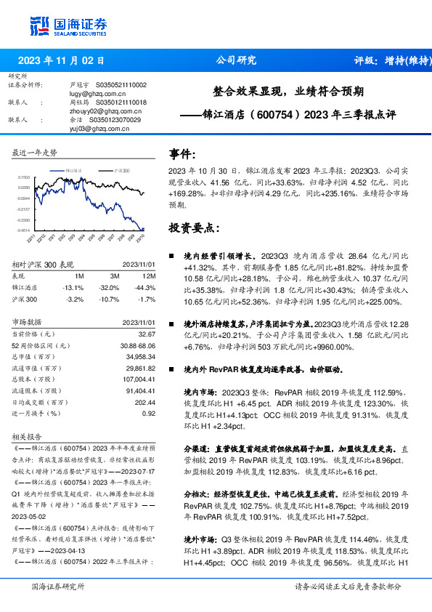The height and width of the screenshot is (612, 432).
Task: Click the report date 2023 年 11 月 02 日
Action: (61, 61)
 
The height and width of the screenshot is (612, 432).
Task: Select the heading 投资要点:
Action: (194, 228)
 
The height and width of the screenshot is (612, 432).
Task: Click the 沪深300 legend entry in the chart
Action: (121, 169)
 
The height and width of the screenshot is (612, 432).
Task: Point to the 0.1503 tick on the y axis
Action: (24, 177)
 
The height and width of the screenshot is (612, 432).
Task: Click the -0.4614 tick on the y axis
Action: (24, 230)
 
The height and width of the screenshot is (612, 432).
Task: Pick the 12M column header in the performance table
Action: (149, 276)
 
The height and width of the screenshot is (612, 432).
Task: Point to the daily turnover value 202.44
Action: (145, 402)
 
